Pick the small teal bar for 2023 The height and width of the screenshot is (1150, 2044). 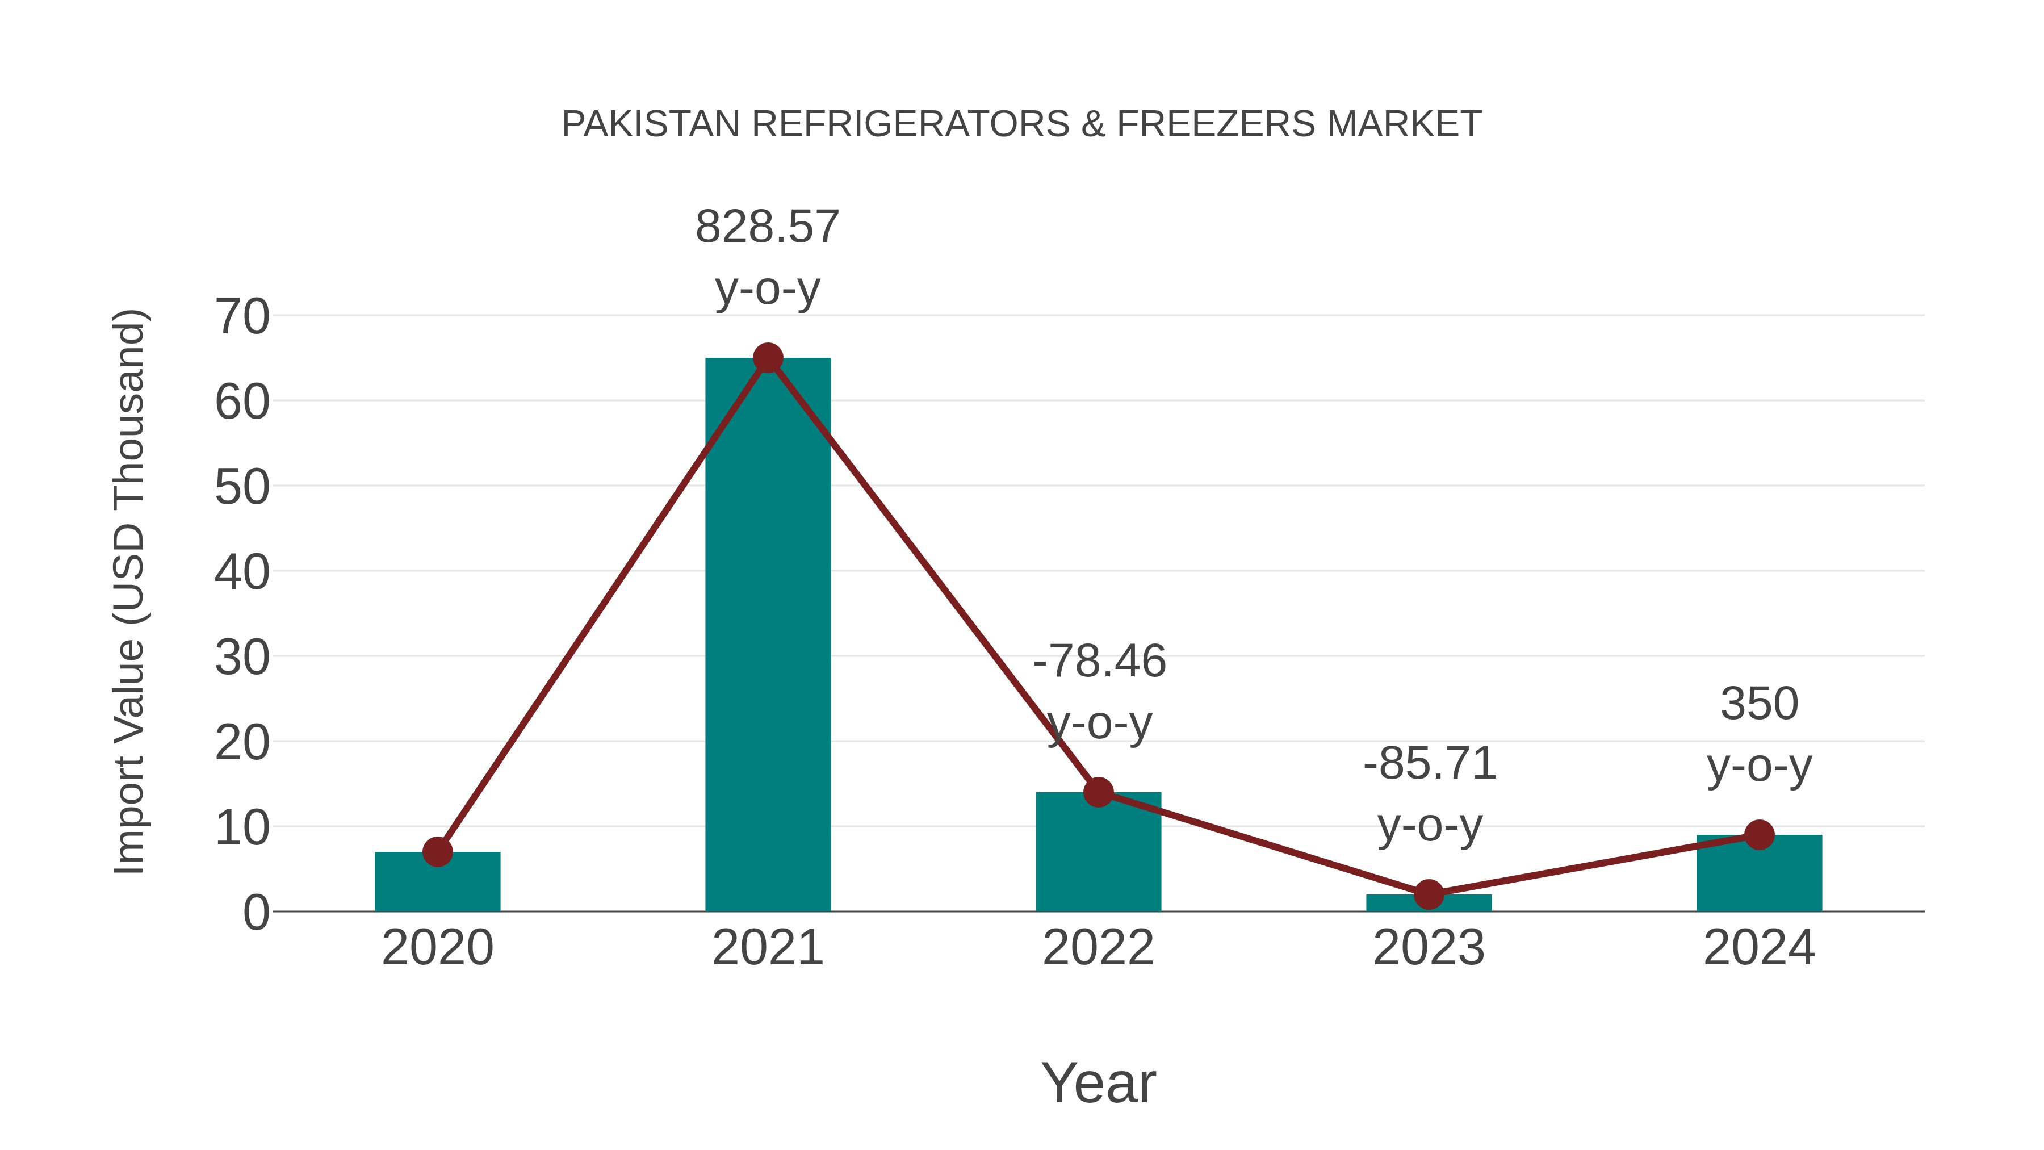pos(1429,903)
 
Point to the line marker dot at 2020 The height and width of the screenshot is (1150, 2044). pos(437,852)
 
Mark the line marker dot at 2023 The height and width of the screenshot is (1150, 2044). pos(1429,894)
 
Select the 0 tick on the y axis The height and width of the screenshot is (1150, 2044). pos(256,912)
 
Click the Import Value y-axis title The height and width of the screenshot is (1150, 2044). pos(128,591)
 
